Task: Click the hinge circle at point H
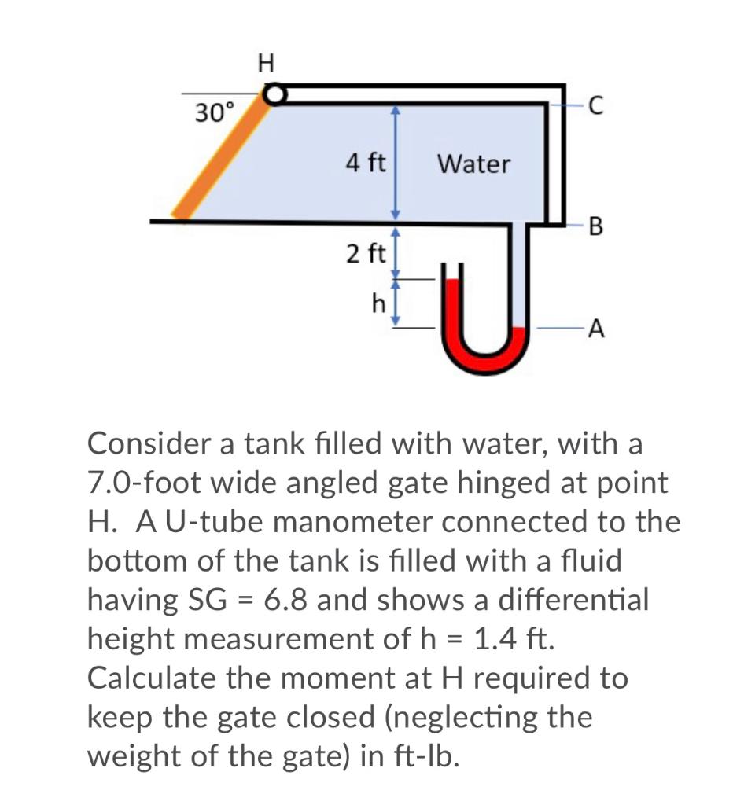tap(273, 95)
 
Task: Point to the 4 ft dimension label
tap(365, 164)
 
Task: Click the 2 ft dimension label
tap(365, 254)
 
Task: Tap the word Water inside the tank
tap(473, 164)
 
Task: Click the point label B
tap(595, 228)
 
